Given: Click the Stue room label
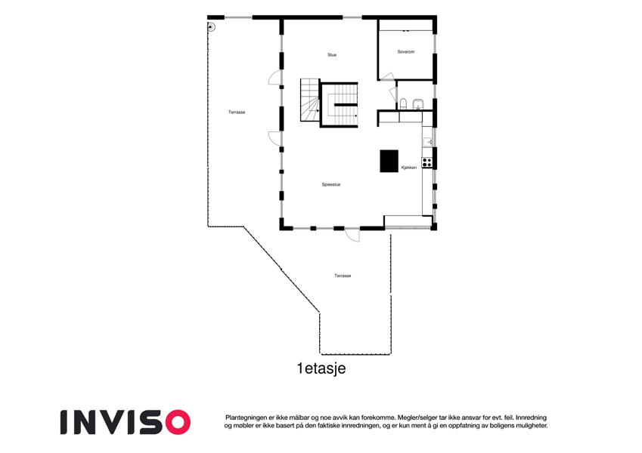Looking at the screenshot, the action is (x=332, y=55).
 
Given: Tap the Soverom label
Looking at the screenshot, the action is (x=406, y=52).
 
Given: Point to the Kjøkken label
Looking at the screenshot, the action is (x=409, y=168).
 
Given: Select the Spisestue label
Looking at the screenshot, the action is (x=330, y=185).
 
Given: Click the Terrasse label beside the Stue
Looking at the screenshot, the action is (x=237, y=112).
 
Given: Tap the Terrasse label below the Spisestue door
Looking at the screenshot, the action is (x=343, y=276).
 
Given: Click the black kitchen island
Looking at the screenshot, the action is (x=389, y=161).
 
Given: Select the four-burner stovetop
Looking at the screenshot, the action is (x=427, y=162).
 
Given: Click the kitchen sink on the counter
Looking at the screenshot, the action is (x=427, y=141).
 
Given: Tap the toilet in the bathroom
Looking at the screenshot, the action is (x=403, y=104).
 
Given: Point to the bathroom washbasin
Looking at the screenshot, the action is (x=417, y=104).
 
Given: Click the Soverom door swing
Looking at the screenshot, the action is (x=387, y=76).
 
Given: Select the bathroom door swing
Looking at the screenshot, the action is (x=392, y=94).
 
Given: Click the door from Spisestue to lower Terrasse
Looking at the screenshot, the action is (x=352, y=235).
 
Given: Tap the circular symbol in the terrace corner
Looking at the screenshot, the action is (x=211, y=27).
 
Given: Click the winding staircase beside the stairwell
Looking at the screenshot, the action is (x=310, y=100).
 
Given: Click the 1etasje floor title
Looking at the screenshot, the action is (x=321, y=368).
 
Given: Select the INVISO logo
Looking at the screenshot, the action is (x=126, y=422).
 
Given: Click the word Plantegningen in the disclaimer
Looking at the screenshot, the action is (x=246, y=418).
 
